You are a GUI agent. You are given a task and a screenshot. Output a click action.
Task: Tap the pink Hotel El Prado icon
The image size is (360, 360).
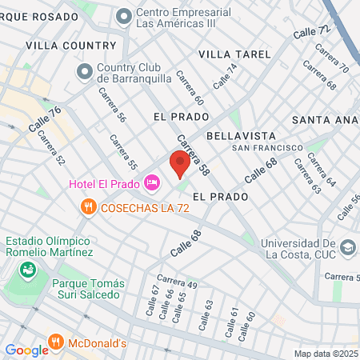[x=152, y=184]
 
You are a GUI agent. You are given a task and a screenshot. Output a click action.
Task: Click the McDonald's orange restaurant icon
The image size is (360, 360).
[x=56, y=343]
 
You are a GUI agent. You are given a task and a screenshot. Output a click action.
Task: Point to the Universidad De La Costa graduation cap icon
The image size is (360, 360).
[x=346, y=247]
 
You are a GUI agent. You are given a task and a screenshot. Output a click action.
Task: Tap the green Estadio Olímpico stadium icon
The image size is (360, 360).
[x=29, y=270]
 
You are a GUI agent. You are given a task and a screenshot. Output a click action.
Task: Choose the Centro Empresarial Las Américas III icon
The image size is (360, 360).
[x=124, y=15]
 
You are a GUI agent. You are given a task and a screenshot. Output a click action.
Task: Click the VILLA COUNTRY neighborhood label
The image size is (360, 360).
[x=70, y=46]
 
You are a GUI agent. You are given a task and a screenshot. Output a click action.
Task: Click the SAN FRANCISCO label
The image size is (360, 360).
[x=267, y=148]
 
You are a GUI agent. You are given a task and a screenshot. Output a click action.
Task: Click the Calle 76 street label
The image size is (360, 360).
[x=45, y=121]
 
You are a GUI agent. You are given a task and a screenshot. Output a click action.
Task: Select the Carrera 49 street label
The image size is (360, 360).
[x=177, y=281]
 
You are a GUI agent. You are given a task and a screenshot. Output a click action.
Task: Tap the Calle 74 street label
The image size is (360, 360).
[x=226, y=76]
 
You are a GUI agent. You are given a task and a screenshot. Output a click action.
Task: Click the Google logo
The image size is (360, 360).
[x=26, y=350]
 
